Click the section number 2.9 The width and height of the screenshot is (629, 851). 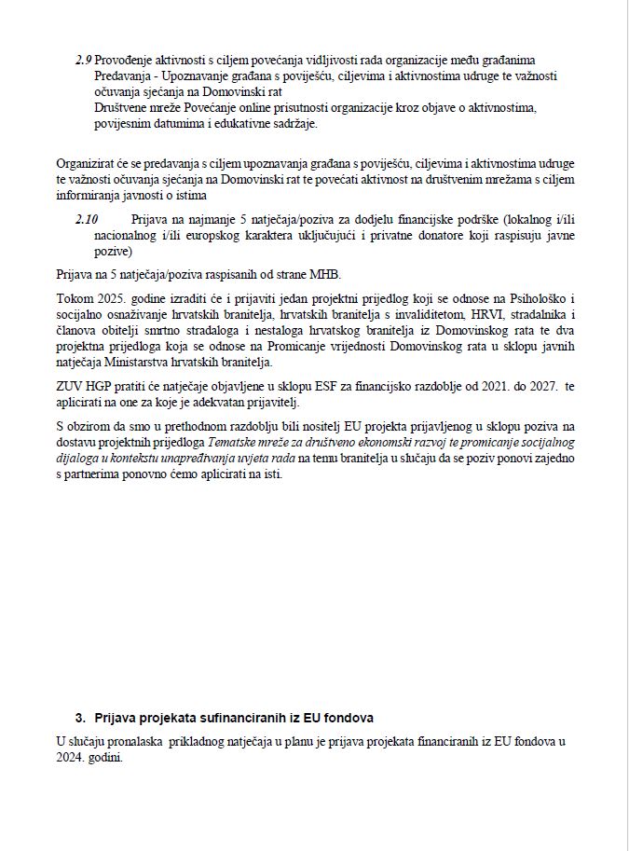click(x=82, y=60)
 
